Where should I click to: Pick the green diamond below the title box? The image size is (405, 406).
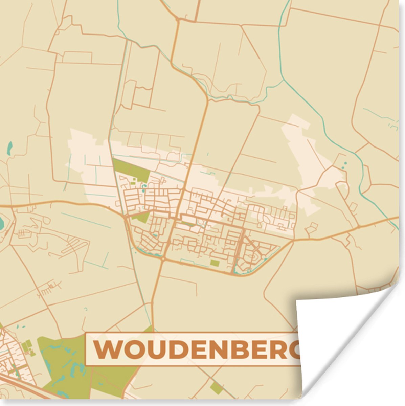217,388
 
